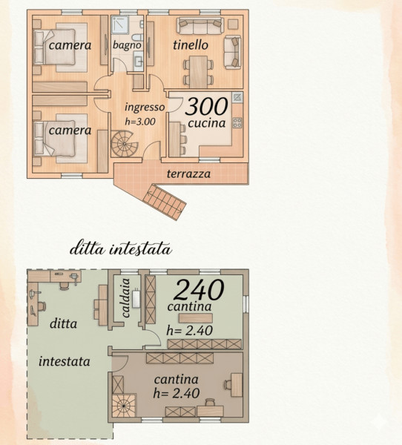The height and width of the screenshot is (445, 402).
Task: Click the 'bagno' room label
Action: pos(127,44)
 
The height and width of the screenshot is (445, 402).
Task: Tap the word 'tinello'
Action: pos(191,44)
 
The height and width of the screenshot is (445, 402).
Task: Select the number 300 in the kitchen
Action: pos(207,106)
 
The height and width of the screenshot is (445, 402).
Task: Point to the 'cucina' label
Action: pos(207,122)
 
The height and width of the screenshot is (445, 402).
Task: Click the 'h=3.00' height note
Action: pos(140,122)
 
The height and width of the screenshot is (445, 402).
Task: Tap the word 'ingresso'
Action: pos(145,107)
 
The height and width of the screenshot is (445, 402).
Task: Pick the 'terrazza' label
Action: pos(188,174)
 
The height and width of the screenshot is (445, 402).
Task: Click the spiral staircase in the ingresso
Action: pos(125,144)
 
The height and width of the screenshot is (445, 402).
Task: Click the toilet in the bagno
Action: pos(137,38)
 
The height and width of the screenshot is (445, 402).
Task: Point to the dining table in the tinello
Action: pos(199,72)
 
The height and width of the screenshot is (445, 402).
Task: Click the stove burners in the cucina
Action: pos(237,123)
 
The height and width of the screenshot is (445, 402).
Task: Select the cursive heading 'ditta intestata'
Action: pos(121,249)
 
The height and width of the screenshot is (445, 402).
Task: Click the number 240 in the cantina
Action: pos(199,289)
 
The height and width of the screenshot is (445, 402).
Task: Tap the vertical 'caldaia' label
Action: pos(126,297)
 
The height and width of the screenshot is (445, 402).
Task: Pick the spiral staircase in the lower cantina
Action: pos(124,406)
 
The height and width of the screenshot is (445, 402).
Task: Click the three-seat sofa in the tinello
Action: pos(200,25)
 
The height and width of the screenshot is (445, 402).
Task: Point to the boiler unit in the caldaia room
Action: pos(136,299)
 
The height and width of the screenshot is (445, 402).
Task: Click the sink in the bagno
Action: pos(138,62)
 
